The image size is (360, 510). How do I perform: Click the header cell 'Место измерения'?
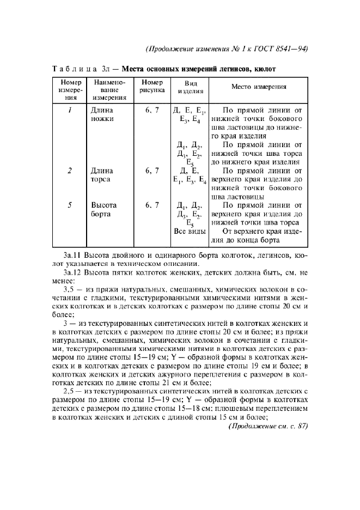(x=259, y=87)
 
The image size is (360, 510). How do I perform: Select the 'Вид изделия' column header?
(x=191, y=87)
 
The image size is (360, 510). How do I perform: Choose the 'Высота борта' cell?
(x=103, y=210)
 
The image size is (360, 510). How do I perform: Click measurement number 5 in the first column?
(x=69, y=205)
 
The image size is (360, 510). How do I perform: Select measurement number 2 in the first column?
(x=69, y=171)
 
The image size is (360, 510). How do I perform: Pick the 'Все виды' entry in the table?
(x=188, y=232)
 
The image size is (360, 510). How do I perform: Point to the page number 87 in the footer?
(x=300, y=426)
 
